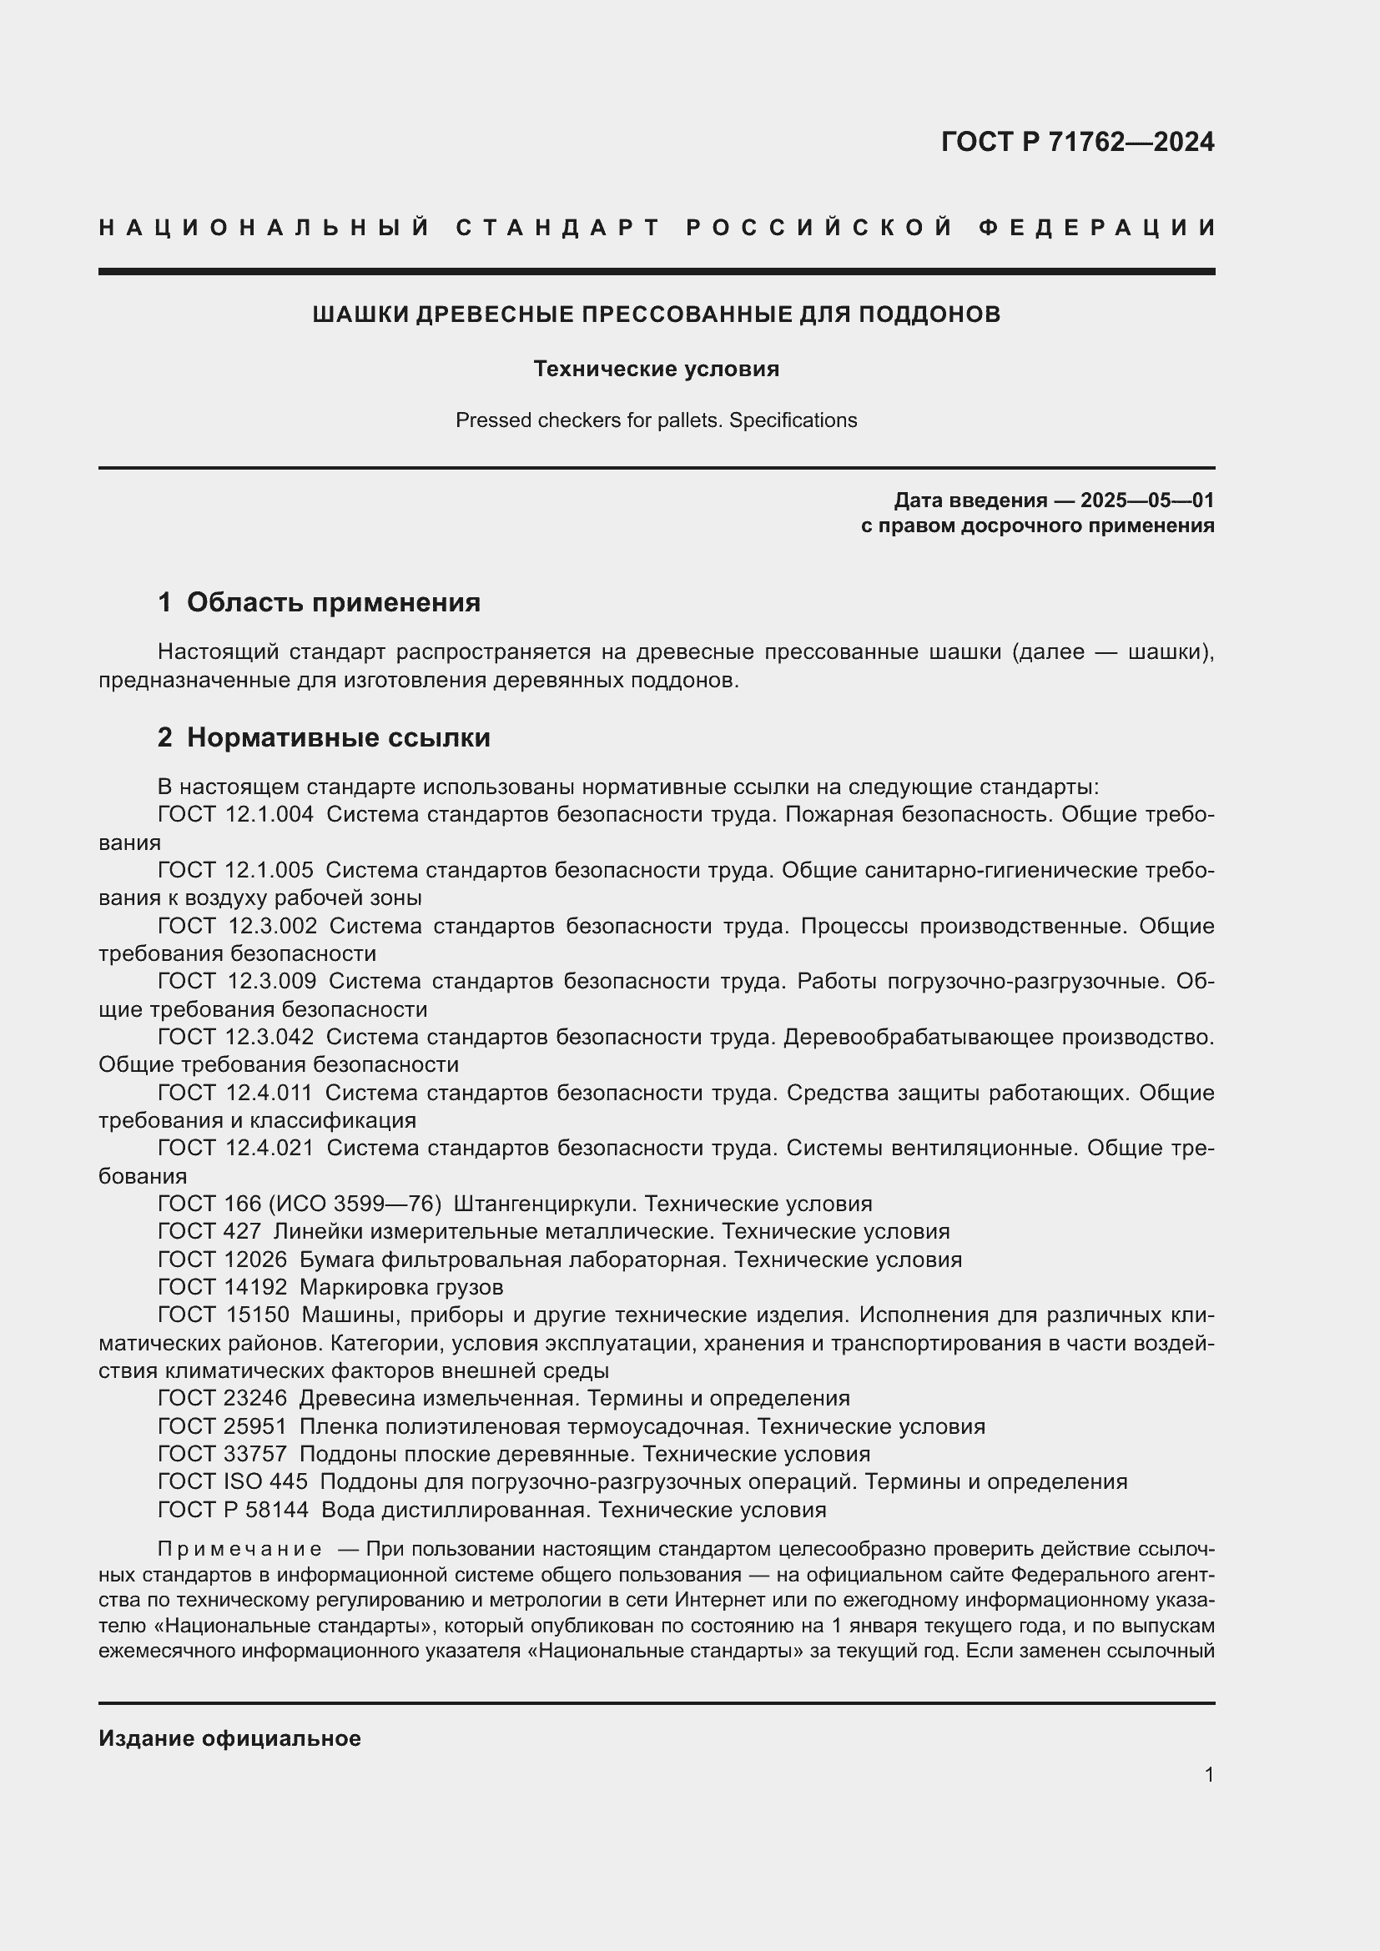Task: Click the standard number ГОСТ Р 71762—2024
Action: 1076,142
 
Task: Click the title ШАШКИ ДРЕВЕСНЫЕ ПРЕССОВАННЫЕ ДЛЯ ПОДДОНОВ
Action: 656,314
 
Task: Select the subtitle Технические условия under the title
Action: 656,369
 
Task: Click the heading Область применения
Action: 333,602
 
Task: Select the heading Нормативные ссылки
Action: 338,737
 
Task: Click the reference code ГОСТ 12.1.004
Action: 235,814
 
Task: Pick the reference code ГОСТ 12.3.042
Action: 235,1037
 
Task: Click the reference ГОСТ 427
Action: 209,1231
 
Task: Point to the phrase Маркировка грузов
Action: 401,1286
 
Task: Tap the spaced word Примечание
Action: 239,1549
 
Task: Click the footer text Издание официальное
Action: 229,1738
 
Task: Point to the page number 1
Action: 1208,1774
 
